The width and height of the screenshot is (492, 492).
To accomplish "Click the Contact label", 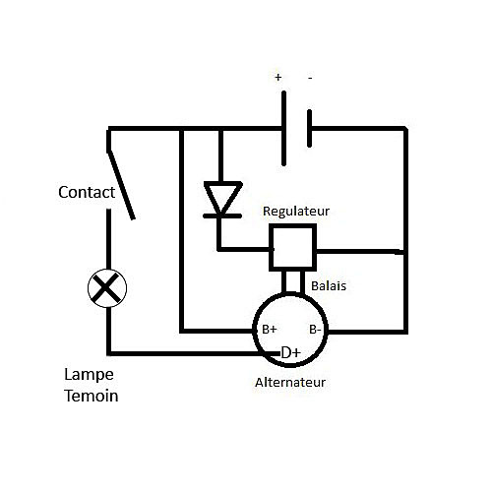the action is [x=87, y=192].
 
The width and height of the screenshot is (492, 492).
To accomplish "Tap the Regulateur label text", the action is [x=296, y=212].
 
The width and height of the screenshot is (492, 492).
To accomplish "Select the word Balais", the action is [x=329, y=286].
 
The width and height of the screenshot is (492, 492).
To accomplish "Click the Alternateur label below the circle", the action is [x=290, y=383].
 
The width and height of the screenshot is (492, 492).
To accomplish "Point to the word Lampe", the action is [x=89, y=375].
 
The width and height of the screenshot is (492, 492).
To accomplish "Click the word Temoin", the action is [x=92, y=396].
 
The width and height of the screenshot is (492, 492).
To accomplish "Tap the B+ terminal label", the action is [x=270, y=330].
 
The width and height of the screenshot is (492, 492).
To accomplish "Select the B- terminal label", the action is [x=315, y=330].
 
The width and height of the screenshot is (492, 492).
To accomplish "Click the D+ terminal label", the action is [x=291, y=353].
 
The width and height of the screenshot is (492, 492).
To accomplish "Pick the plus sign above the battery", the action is [x=278, y=78].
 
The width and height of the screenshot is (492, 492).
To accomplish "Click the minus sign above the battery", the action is [x=310, y=78].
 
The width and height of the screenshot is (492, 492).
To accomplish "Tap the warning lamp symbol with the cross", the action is [x=107, y=288].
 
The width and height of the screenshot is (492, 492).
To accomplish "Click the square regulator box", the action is [x=292, y=248].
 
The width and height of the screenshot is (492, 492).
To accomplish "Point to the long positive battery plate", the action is [x=283, y=128].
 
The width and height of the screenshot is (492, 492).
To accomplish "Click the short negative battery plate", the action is [x=310, y=128].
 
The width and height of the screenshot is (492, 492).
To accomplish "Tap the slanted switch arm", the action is [x=121, y=185].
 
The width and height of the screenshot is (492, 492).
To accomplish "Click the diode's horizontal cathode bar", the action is [x=222, y=216].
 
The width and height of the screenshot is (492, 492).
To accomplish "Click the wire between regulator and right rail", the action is [x=360, y=252].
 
